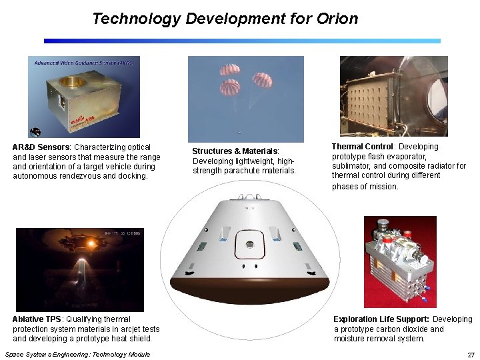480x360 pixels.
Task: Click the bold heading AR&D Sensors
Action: [41, 147]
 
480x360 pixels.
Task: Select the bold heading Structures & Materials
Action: [235, 151]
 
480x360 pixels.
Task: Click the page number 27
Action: [471, 355]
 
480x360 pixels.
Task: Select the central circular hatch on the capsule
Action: [250, 243]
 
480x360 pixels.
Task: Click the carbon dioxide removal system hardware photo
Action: [399, 261]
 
